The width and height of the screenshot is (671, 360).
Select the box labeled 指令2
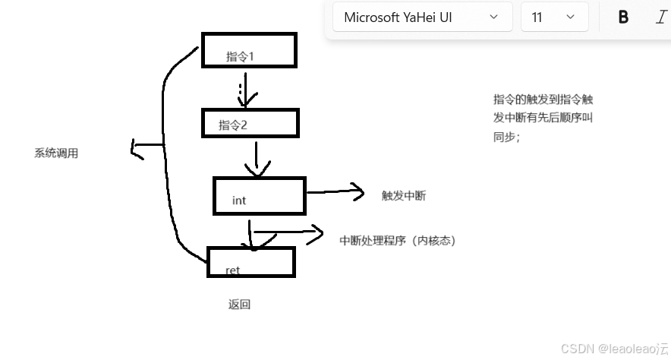tap(250, 123)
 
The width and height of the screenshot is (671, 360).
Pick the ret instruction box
tap(250, 262)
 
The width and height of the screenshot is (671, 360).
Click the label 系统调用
tap(56, 153)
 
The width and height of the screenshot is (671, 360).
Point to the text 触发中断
tap(404, 196)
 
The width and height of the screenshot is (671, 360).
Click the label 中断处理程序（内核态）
tap(398, 241)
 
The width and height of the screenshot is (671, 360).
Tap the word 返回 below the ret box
tap(239, 305)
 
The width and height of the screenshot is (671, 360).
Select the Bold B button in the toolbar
tap(623, 17)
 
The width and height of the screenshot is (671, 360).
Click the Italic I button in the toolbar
tap(660, 17)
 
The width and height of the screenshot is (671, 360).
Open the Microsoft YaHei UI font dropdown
tap(421, 17)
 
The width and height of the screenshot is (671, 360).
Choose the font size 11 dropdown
tap(554, 17)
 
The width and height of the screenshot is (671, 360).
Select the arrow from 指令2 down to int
tap(258, 157)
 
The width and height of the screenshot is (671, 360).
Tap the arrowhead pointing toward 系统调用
tap(137, 149)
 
